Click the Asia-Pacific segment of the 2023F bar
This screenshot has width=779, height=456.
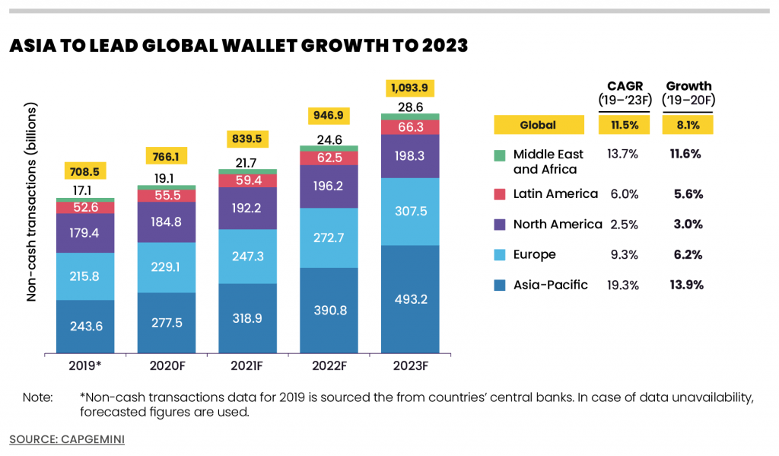pos(412,298)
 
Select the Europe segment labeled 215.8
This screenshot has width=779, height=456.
pos(85,276)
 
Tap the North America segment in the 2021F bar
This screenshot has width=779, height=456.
pos(248,208)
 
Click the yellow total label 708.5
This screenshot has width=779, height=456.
pos(85,171)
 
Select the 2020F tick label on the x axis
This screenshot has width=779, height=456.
pos(167,365)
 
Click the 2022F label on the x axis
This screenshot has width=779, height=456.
pos(329,365)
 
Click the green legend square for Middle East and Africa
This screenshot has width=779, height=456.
pos(499,155)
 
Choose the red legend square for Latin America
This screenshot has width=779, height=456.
pos(499,194)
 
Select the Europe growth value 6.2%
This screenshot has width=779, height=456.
pos(688,255)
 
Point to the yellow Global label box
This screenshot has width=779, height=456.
pos(538,125)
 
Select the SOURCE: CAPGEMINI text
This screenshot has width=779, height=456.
pos(67,439)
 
